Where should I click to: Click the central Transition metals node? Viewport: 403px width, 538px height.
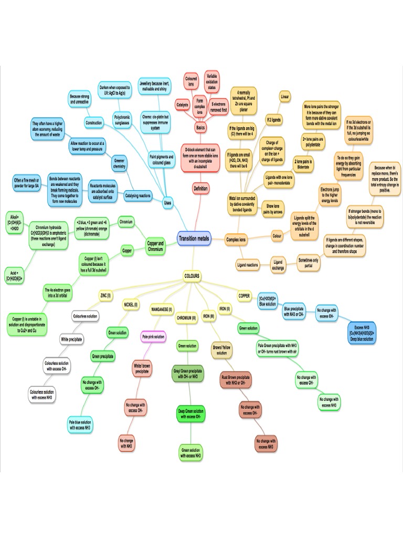coord(194,239)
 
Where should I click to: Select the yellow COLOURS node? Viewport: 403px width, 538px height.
coord(192,275)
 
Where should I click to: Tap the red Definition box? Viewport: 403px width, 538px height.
coord(200,188)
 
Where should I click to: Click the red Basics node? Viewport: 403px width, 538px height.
coord(200,128)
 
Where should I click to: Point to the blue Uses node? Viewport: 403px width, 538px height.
coord(167,202)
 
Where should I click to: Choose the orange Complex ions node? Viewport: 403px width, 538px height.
coord(236,240)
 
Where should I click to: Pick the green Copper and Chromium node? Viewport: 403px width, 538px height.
coord(155,246)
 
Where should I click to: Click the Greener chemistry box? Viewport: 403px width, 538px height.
coord(120,165)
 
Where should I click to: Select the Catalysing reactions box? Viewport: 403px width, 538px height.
coord(138,196)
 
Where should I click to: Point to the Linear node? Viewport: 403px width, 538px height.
coord(285,97)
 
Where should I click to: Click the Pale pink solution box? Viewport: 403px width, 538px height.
coord(153,336)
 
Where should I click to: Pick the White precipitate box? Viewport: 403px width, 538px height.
coord(72,339)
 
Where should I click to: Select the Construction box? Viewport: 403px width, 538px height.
coord(93,122)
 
